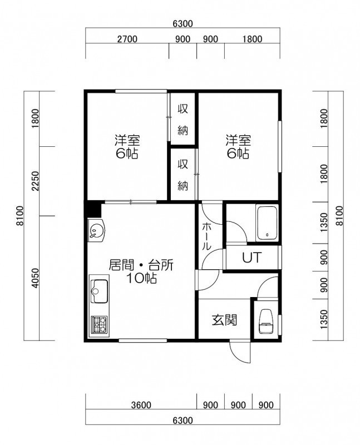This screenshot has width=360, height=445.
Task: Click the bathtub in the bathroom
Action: (267, 224)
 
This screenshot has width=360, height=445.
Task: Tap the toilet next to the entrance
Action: (266, 321)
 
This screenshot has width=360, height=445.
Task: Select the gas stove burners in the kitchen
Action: (100, 325)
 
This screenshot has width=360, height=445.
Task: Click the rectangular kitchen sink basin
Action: (99, 291)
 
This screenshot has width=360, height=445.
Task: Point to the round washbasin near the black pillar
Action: (96, 230)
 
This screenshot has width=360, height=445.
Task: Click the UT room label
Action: (251, 258)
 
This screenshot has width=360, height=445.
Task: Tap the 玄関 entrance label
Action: (224, 320)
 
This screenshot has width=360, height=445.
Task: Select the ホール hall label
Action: (206, 236)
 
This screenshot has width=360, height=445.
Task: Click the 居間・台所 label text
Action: (141, 265)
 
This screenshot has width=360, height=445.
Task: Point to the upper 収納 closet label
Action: (183, 120)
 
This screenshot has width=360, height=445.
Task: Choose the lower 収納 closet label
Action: (183, 175)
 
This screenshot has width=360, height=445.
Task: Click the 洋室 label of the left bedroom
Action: (127, 140)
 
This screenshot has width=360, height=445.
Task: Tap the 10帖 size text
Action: (141, 279)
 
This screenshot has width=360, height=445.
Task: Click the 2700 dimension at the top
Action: (127, 39)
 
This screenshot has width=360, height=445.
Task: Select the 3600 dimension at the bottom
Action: (141, 405)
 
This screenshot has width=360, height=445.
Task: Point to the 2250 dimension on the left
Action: (35, 181)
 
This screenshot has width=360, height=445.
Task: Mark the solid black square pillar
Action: (93, 209)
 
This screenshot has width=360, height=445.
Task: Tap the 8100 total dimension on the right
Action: (339, 216)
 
